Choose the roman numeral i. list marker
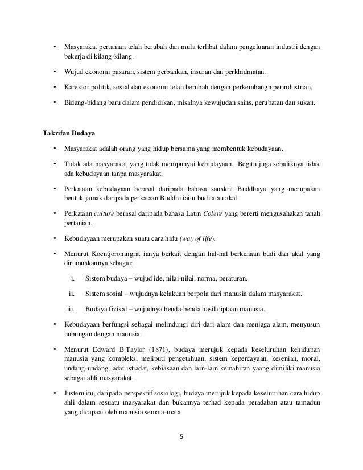73,279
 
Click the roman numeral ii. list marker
72,294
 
